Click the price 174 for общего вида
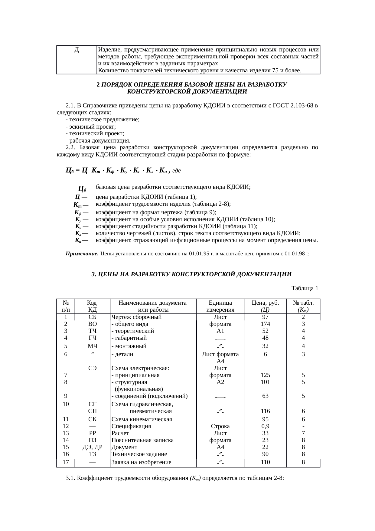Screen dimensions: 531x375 [265, 324]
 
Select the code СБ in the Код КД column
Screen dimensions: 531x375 [93, 317]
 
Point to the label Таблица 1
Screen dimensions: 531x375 [305, 288]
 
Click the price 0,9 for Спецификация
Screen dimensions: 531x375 [265, 426]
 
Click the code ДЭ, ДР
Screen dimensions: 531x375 [93, 447]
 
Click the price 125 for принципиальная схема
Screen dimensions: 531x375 [265, 375]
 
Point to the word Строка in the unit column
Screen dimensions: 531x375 [220, 426]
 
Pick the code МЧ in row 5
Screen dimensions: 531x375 [93, 346]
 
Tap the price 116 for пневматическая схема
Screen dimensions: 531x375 [265, 411]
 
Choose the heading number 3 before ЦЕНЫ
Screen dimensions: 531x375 [93, 274]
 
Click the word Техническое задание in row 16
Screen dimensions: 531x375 [139, 454]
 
